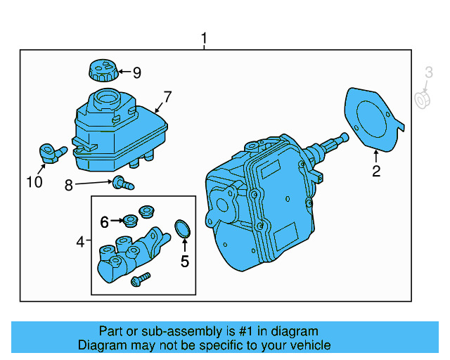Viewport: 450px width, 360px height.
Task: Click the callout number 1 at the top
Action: click(204, 38)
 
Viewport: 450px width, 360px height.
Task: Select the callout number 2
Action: click(376, 172)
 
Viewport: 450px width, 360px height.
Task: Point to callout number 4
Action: click(81, 242)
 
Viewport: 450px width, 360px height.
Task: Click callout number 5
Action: click(185, 262)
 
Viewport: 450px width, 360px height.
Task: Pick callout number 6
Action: click(104, 222)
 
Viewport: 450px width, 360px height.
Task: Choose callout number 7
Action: click(167, 96)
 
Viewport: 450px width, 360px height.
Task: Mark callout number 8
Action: click(68, 186)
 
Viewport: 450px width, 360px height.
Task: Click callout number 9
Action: click(136, 72)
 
